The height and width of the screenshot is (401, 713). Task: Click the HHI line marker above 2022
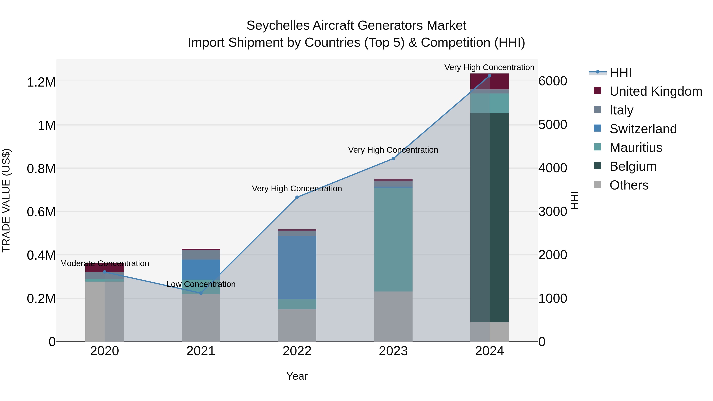click(x=297, y=197)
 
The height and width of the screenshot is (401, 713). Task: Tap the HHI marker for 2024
click(x=489, y=76)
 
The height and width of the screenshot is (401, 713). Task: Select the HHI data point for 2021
click(x=201, y=293)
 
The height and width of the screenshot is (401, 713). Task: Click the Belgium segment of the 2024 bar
click(x=489, y=217)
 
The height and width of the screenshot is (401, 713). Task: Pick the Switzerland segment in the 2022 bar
click(x=297, y=267)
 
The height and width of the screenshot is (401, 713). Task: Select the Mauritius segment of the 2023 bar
click(x=393, y=239)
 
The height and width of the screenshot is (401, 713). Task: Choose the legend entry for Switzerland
click(x=643, y=129)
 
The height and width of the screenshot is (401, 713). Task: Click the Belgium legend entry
click(x=633, y=166)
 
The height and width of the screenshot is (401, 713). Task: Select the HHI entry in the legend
click(x=620, y=72)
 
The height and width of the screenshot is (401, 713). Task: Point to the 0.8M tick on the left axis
click(x=41, y=169)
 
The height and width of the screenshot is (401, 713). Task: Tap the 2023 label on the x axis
click(x=393, y=351)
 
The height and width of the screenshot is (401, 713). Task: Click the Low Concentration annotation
click(x=201, y=284)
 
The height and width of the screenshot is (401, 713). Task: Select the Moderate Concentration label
click(x=104, y=263)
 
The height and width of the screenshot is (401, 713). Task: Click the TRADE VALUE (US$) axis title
click(x=6, y=200)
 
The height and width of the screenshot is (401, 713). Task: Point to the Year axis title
click(x=297, y=376)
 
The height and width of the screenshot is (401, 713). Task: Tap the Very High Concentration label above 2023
click(x=393, y=150)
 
